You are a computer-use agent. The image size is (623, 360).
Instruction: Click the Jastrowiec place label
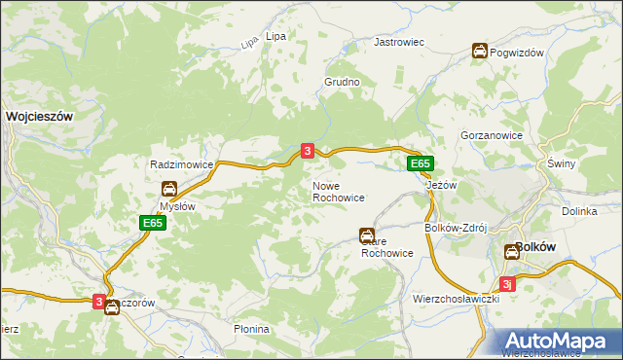[400, 43]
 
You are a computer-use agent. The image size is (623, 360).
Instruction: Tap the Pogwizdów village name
[517, 53]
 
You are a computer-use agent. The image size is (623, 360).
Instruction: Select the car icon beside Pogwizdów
[480, 52]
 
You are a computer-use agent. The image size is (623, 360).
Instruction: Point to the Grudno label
[343, 83]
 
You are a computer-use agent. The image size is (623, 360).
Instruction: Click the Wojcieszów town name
[40, 115]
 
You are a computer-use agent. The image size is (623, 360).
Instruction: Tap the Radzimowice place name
[181, 165]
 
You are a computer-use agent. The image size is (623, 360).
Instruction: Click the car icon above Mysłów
[169, 188]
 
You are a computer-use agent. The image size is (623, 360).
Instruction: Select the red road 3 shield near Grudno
[308, 151]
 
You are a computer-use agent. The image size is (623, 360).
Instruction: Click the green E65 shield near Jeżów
[420, 164]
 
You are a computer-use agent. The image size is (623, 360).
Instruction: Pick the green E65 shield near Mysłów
[151, 223]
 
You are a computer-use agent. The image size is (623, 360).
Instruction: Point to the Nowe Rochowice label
[338, 192]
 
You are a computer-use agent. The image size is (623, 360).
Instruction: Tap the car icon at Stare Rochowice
[366, 234]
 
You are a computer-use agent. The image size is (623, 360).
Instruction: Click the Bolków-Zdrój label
[456, 228]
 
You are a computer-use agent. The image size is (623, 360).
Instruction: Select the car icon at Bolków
[512, 252]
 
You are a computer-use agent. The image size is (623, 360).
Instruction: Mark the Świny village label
[562, 163]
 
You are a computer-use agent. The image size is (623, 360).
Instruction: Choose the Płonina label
[251, 330]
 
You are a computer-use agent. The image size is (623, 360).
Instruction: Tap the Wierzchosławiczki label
[456, 299]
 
